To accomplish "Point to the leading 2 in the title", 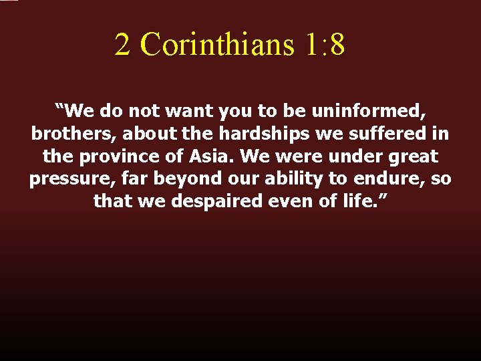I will coord(122,45).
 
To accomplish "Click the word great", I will coord(412,156).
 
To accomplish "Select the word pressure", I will coord(63,180).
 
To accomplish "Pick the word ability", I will coord(285,180).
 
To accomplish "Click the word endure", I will coord(385,180).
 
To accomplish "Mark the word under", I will coord(349,156).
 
